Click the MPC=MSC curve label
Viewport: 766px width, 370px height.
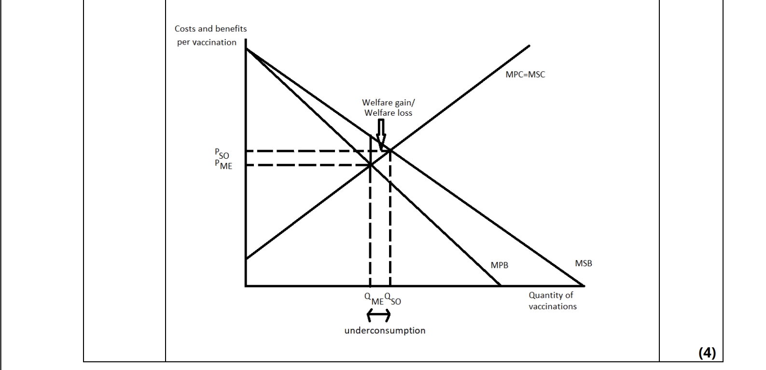(525, 75)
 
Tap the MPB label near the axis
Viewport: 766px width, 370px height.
(499, 265)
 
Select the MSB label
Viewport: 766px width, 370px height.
(583, 263)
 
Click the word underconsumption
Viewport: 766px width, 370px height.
(385, 330)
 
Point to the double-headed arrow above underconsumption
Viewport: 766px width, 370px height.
(379, 315)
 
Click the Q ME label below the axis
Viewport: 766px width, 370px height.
(374, 299)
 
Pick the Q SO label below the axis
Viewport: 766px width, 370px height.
(393, 299)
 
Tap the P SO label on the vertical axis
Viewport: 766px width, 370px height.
(222, 154)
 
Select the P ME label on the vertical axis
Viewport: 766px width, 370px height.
(223, 164)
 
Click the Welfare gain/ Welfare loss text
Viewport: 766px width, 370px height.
(388, 108)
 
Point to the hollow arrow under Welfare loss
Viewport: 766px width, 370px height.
(381, 135)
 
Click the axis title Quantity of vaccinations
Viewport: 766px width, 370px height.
(552, 301)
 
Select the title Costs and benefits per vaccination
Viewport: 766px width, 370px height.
(210, 35)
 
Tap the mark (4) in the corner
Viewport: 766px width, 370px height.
(707, 353)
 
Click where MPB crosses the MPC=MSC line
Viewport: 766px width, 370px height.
(370, 165)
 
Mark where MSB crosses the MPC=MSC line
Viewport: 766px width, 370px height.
(390, 151)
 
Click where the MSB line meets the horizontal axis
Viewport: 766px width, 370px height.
(584, 286)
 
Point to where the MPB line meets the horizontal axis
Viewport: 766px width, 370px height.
(501, 286)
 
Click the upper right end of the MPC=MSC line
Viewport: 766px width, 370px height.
(529, 46)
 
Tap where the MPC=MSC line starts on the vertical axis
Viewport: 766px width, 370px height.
(246, 259)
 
